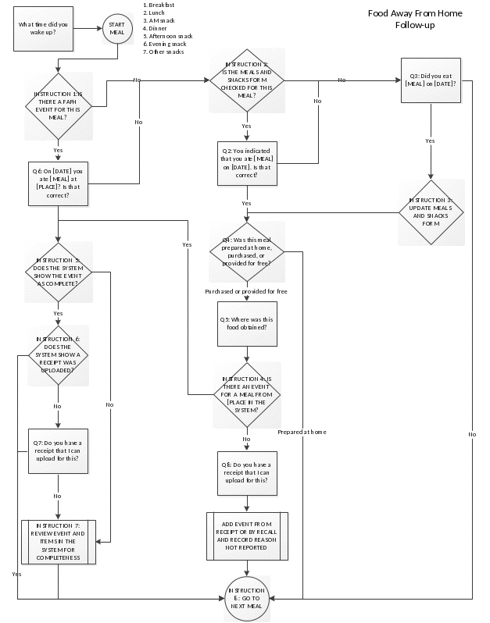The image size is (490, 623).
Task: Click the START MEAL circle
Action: [116, 29]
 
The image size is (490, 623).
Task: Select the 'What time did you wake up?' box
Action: [43, 29]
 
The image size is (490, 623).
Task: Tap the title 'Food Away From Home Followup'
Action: [415, 20]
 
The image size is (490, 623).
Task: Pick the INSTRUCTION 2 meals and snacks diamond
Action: [246, 80]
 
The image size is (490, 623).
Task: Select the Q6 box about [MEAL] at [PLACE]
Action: [58, 183]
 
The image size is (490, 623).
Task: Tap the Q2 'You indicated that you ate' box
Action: [246, 164]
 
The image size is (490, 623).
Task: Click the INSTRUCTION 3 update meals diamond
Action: [431, 212]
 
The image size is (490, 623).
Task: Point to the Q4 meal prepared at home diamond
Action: [246, 251]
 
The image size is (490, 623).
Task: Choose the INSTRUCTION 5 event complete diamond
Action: [58, 272]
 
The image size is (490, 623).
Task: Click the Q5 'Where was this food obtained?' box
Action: [246, 324]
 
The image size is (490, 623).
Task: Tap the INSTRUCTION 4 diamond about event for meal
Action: [246, 394]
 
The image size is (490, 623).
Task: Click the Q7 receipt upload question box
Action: [58, 451]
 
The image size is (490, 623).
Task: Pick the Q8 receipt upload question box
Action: [246, 473]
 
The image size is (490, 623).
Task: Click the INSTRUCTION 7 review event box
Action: [58, 541]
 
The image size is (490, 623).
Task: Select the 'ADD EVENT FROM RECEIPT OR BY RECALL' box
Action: [246, 536]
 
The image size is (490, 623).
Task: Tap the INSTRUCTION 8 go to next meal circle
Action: [246, 599]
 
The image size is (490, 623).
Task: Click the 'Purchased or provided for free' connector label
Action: [246, 291]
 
